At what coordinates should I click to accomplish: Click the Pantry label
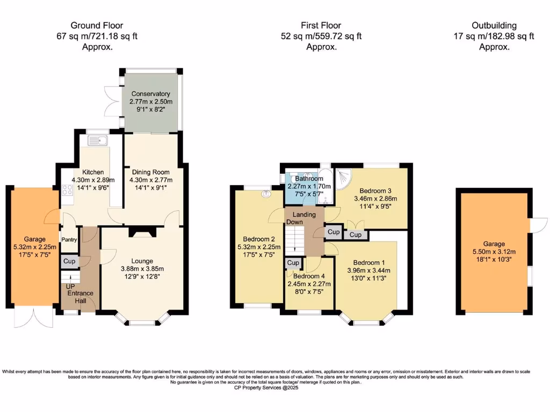point(69,240)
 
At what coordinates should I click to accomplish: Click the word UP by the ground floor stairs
point(70,286)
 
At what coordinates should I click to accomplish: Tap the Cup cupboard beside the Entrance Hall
point(69,261)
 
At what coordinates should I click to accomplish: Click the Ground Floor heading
point(97,25)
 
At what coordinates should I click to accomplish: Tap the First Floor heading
point(321,25)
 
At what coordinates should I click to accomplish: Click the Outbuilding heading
point(494,25)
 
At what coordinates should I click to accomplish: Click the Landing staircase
point(295,239)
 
